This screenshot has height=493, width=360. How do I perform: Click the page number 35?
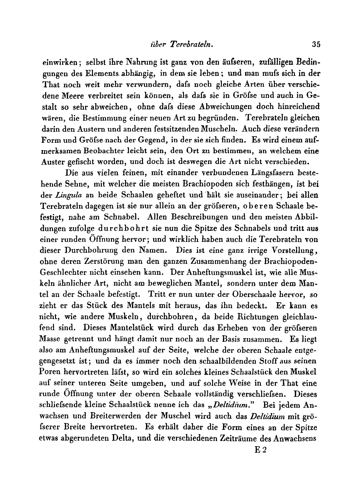pos(315,45)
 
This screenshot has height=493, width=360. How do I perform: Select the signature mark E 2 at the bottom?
pos(261,450)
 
